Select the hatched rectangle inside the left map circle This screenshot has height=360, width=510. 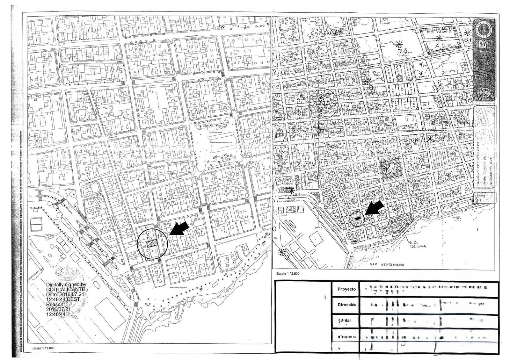(152, 244)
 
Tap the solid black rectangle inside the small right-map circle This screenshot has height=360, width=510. (358, 218)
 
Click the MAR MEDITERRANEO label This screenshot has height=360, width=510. (387, 265)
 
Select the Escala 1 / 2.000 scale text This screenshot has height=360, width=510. (43, 348)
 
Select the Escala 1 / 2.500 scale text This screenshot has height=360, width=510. (288, 273)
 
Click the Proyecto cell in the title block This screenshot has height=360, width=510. (346, 289)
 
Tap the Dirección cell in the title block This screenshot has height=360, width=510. (346, 305)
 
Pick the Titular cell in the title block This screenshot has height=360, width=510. (344, 320)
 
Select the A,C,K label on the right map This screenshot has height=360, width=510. (443, 46)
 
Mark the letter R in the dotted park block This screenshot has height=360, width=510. (393, 169)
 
